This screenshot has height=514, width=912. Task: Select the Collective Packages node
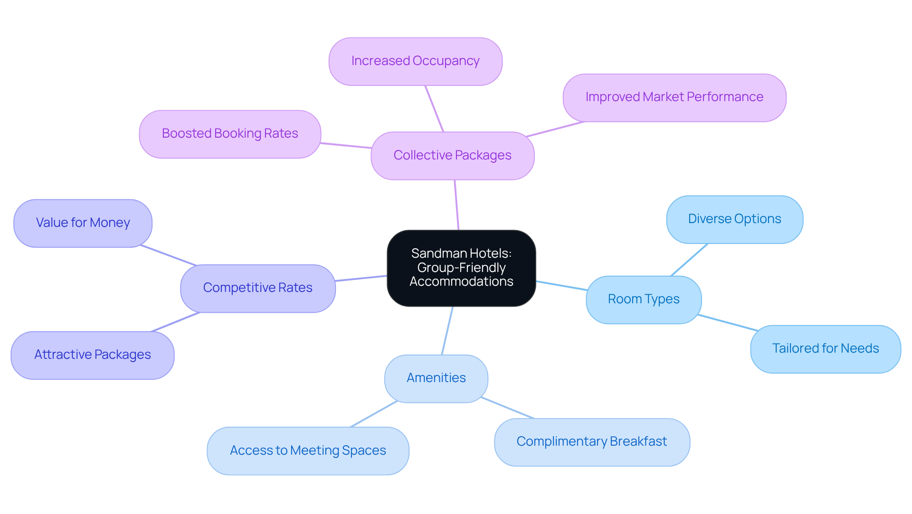pos(452,156)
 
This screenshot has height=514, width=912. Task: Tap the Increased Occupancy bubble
pos(415,61)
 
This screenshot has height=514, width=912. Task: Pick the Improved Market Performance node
pos(674,97)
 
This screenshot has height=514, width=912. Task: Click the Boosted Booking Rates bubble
pos(230,134)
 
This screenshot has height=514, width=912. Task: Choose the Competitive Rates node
pos(257,288)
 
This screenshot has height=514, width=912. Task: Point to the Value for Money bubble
pos(83,223)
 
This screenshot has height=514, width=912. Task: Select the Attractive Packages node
pos(92,355)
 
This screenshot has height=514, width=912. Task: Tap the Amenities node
pos(436,378)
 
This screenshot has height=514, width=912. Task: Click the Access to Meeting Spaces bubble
pos(308,450)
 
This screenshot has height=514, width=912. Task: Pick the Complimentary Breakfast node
pos(591,442)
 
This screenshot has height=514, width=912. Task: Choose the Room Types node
pos(643,299)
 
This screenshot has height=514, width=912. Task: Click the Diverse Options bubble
pos(734,219)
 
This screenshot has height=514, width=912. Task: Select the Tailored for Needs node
pos(825,349)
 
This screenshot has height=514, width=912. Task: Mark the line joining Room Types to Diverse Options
pos(689,260)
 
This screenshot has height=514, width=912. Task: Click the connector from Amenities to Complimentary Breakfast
pos(507,408)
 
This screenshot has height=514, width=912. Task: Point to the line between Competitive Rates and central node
pos(361,278)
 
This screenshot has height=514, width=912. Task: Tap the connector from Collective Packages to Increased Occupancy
pos(434,109)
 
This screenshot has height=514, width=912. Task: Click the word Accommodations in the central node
pos(461,281)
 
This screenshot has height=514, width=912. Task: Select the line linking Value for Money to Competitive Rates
pos(169,255)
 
